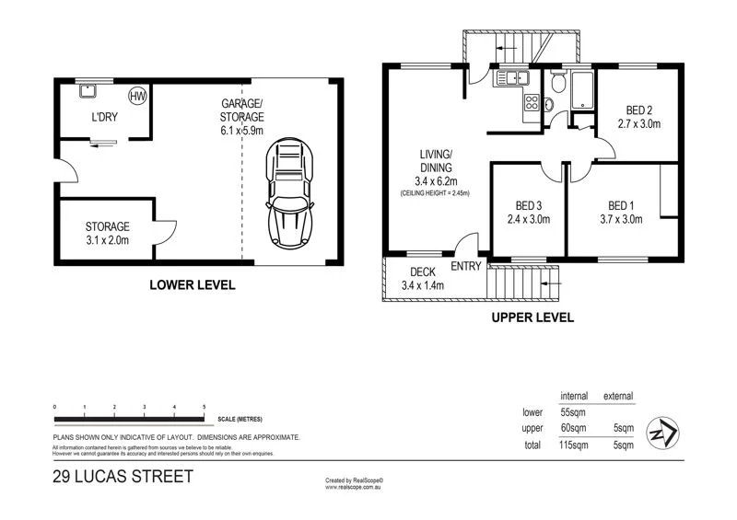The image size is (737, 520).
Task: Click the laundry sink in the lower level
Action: [x=89, y=91]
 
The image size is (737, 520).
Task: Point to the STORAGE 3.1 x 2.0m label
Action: [x=107, y=233]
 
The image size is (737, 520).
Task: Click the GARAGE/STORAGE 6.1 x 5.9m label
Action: [x=241, y=117]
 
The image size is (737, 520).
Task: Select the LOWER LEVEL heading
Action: [x=192, y=285]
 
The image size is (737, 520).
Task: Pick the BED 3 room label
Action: [x=528, y=213]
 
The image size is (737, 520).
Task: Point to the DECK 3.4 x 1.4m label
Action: [x=423, y=279]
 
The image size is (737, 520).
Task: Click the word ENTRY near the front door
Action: [x=466, y=267]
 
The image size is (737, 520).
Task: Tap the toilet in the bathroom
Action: [x=556, y=85]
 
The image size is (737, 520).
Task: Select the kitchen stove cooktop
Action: [x=531, y=103]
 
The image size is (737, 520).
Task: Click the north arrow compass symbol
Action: [x=662, y=432]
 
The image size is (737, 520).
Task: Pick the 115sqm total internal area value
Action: [x=573, y=445]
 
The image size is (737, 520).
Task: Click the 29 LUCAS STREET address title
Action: [x=123, y=476]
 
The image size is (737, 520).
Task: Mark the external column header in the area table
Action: [x=617, y=396]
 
